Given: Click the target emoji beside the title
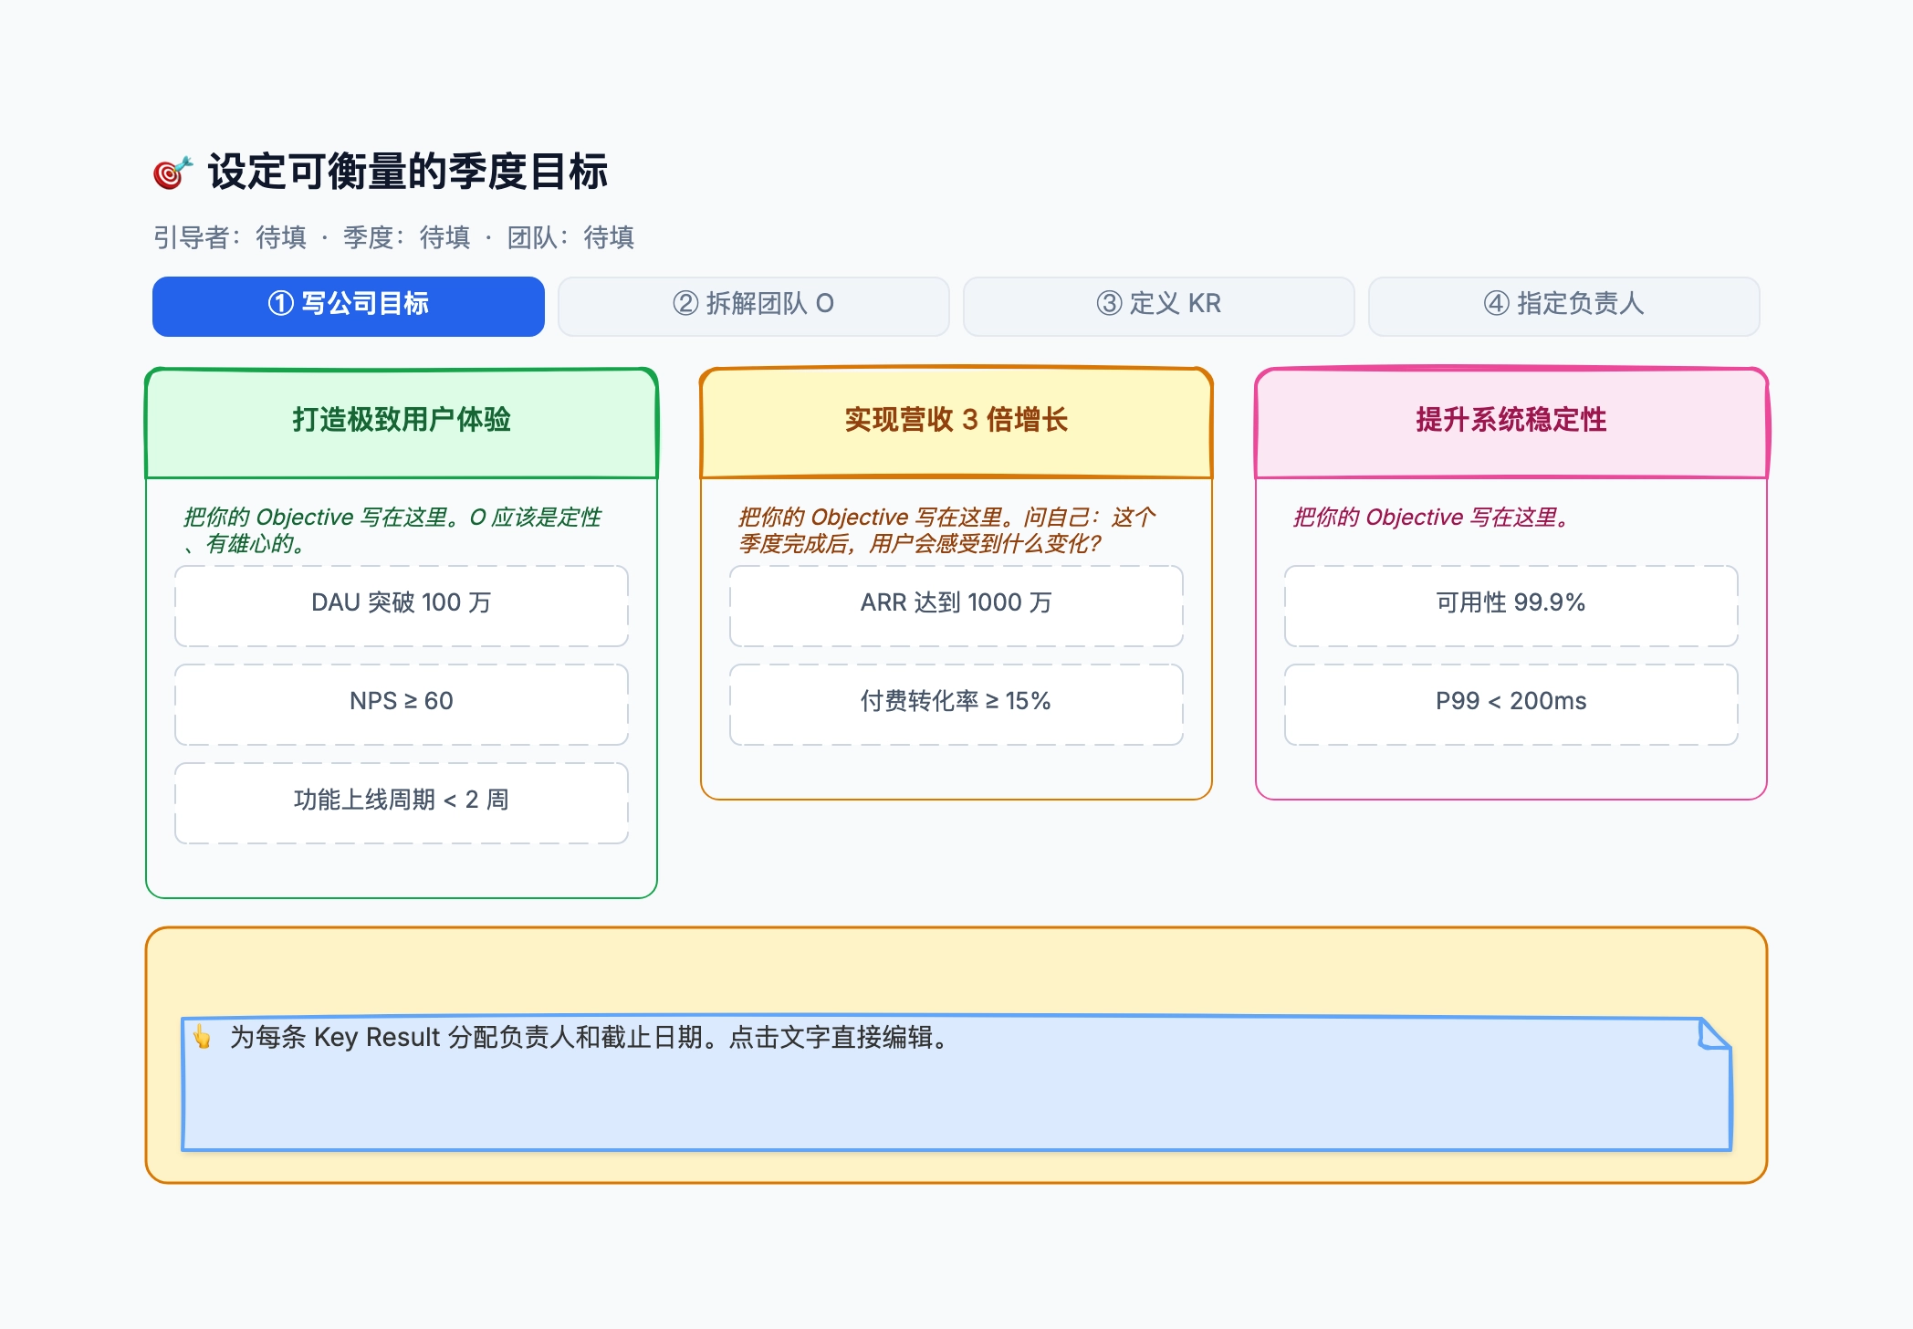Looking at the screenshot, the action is [172, 173].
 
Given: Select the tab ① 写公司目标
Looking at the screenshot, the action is [349, 306].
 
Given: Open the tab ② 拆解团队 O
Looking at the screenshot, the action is [754, 306].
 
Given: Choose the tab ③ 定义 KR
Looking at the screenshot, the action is [1159, 306].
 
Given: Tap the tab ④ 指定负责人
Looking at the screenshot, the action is [1564, 306].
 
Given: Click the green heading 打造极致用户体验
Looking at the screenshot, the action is [402, 420].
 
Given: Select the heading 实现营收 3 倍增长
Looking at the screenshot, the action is [956, 420].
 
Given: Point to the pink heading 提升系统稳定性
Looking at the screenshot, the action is [1511, 420].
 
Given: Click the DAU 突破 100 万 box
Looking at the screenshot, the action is [402, 606].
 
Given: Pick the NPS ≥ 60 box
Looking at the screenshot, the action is [402, 705].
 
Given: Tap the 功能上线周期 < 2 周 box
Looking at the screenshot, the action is [402, 803].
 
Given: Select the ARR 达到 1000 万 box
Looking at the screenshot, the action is [956, 606].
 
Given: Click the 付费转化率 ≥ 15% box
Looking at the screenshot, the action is [956, 705].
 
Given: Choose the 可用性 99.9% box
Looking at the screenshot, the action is [1511, 606].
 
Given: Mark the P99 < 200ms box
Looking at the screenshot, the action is [1511, 705].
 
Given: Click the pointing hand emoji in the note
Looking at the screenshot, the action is [202, 1037].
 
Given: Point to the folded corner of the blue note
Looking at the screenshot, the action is [1714, 1034].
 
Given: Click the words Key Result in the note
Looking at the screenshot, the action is [377, 1038].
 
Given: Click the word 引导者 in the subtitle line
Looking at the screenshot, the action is [191, 237].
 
